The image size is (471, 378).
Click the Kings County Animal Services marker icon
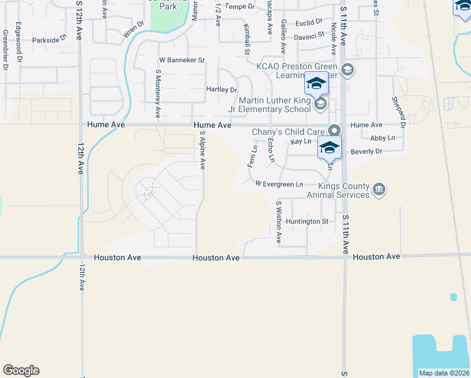pyautogui.click(x=379, y=189)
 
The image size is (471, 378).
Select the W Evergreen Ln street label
pyautogui.click(x=280, y=183)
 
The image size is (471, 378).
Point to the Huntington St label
pyautogui.click(x=307, y=221)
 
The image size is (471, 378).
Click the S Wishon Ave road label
pyautogui.click(x=278, y=222)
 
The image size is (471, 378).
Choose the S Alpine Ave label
pyautogui.click(x=202, y=150)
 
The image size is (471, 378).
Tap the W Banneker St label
pyautogui.click(x=182, y=60)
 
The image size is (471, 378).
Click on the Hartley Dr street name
pyautogui.click(x=221, y=89)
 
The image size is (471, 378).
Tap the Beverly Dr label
pyautogui.click(x=366, y=151)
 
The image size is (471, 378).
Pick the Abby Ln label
pyautogui.click(x=383, y=138)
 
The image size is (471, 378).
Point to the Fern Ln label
pyautogui.click(x=254, y=155)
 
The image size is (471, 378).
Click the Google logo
pyautogui.click(x=21, y=370)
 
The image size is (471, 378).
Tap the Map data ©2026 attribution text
pyautogui.click(x=444, y=373)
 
